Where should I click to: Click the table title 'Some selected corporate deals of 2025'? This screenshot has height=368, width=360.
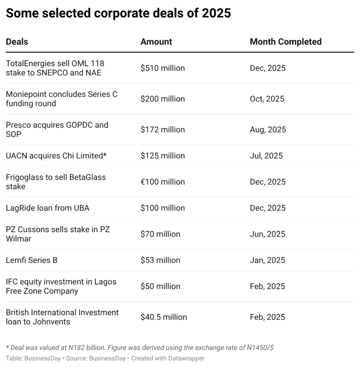pos(118,13)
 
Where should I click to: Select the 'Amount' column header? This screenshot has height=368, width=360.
pos(156,42)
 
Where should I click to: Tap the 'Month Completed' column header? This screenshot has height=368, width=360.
pos(286,42)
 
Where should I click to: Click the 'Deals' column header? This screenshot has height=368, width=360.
pos(17,42)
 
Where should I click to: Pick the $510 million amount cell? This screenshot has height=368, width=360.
pos(163,68)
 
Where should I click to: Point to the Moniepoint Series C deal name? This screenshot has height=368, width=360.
pos(61,99)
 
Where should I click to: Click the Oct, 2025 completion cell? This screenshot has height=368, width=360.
pos(267,99)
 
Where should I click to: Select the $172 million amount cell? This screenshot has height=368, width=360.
pos(163,129)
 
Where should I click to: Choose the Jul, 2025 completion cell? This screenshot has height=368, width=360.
pos(266,156)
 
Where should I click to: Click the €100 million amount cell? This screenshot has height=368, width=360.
pos(163,182)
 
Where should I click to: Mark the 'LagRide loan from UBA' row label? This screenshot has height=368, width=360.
pos(47,208)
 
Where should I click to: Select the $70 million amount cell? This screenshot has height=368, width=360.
pos(160,234)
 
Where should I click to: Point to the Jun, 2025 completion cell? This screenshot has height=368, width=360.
pos(267,234)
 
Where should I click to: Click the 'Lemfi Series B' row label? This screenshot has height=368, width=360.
pos(32,260)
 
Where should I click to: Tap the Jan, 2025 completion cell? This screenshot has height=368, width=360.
pos(267,260)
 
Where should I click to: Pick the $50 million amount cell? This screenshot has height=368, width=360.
pos(160,286)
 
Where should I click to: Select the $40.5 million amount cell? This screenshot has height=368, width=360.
pos(164,317)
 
